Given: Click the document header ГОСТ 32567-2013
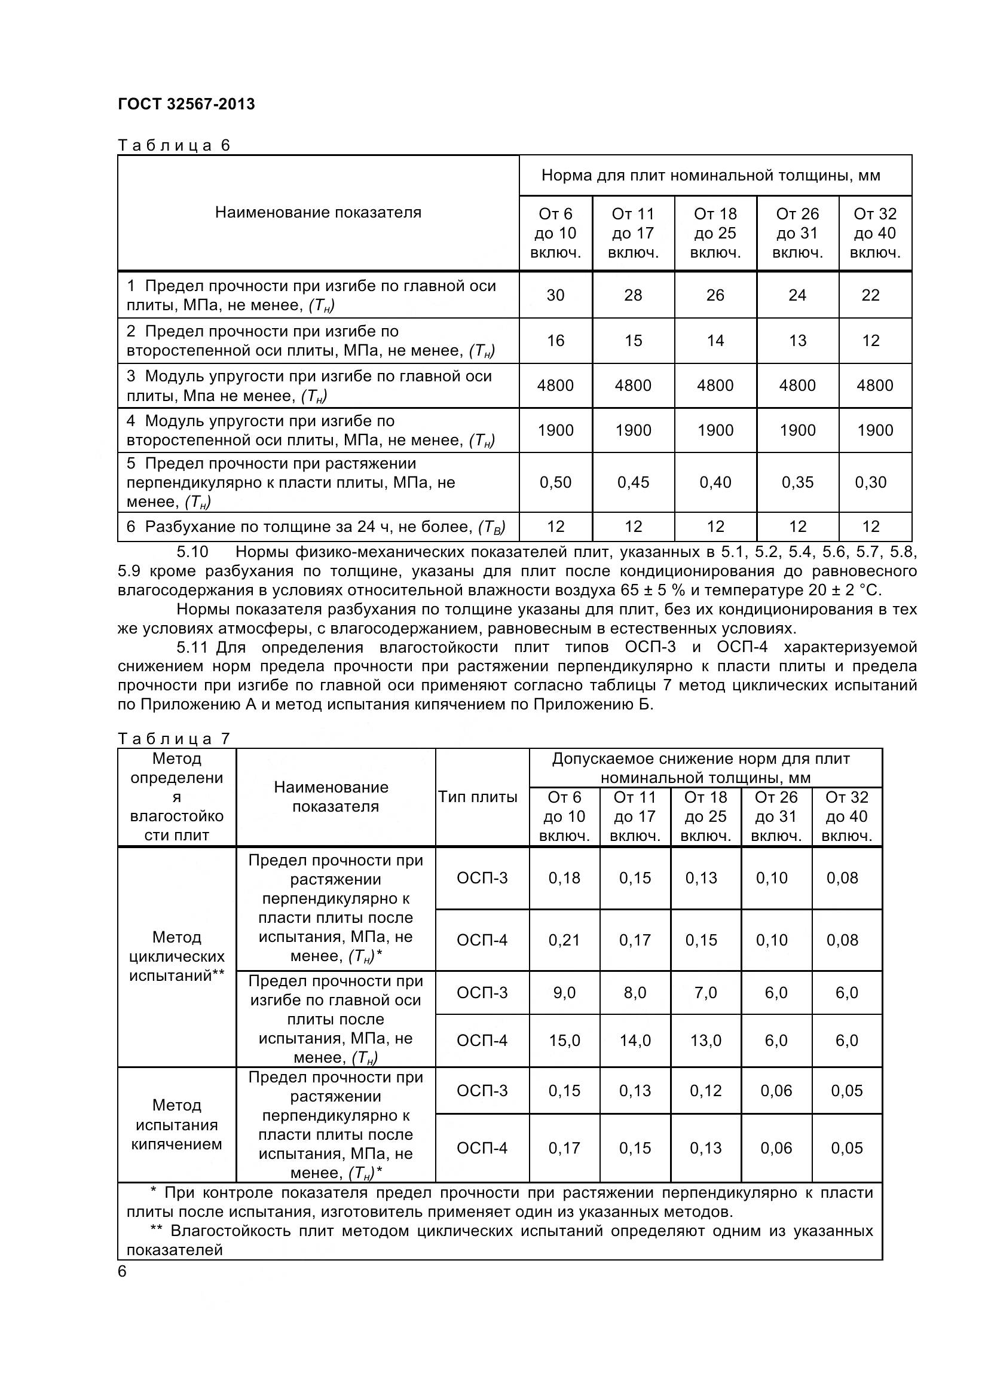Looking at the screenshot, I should [x=186, y=104].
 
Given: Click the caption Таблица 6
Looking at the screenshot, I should [x=173, y=145].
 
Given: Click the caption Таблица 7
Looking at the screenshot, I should [x=173, y=739].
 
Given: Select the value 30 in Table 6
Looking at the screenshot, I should [x=555, y=295].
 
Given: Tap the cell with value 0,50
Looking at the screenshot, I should [x=555, y=482].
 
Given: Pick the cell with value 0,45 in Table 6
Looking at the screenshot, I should [x=633, y=482].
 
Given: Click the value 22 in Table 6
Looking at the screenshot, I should [x=870, y=295].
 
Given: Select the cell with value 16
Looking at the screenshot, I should [x=555, y=341].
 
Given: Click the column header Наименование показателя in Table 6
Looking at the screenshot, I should [x=318, y=213].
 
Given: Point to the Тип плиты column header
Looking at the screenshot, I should [x=478, y=797].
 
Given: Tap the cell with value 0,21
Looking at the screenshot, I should [x=564, y=940].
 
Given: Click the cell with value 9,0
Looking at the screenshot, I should [x=564, y=993].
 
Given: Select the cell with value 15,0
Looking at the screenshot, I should [x=564, y=1041].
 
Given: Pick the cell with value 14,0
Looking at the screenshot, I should [x=635, y=1041].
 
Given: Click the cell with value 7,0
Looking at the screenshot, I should [x=705, y=993].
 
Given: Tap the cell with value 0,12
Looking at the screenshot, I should [x=705, y=1091].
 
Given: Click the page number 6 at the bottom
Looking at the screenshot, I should [x=123, y=1272].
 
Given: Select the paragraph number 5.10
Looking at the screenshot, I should [x=192, y=552].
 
